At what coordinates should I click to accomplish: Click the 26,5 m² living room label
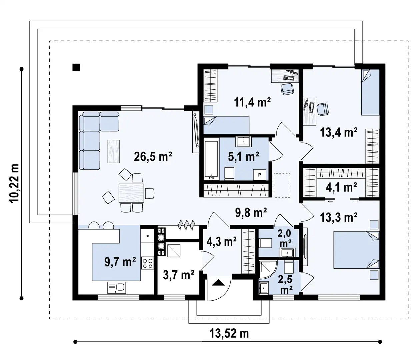[x=153, y=157]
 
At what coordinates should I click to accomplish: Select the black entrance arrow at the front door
[x=218, y=283]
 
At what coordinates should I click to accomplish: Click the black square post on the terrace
[x=76, y=67]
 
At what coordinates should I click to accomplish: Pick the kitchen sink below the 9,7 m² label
[x=116, y=288]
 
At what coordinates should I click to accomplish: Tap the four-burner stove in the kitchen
[x=148, y=263]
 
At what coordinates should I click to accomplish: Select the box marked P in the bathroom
[x=260, y=175]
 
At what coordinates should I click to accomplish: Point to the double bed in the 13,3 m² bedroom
[x=356, y=250]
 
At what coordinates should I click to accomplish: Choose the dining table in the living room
[x=131, y=193]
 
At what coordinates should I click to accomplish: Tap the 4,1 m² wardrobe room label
[x=341, y=187]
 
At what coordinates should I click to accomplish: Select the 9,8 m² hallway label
[x=251, y=212]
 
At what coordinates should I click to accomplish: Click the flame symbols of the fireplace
[x=187, y=225]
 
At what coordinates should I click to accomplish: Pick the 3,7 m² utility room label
[x=179, y=275]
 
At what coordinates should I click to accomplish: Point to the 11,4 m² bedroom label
[x=252, y=102]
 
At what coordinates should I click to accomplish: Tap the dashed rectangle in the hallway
[x=282, y=185]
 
